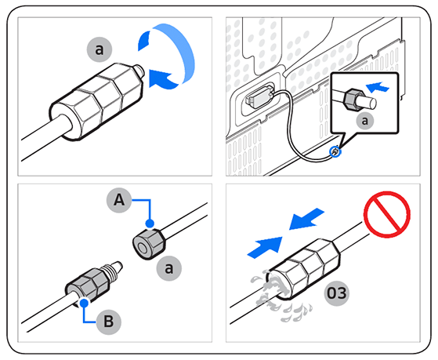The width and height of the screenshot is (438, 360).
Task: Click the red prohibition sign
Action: (x=388, y=216)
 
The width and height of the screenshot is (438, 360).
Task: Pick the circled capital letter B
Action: (x=108, y=322)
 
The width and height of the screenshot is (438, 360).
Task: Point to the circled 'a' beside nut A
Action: (x=165, y=269)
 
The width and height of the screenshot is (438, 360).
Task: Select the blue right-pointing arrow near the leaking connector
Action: (x=263, y=247)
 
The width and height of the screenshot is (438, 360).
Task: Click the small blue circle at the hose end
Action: (x=335, y=151)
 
